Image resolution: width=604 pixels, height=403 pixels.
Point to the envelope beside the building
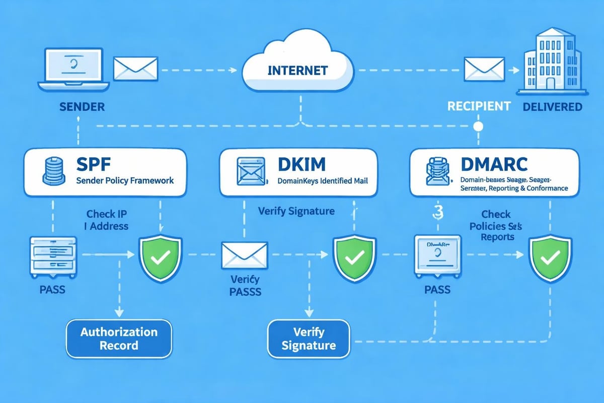[x=484, y=69]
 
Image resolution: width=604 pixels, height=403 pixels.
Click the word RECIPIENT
[x=479, y=106]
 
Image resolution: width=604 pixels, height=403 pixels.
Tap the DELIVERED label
[x=552, y=106]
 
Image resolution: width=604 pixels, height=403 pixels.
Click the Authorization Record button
[x=119, y=339]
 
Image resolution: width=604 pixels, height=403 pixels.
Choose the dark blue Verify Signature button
[x=309, y=339]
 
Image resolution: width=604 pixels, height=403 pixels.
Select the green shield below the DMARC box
[x=547, y=257]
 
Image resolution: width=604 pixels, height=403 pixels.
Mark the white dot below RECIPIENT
[x=479, y=125]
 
